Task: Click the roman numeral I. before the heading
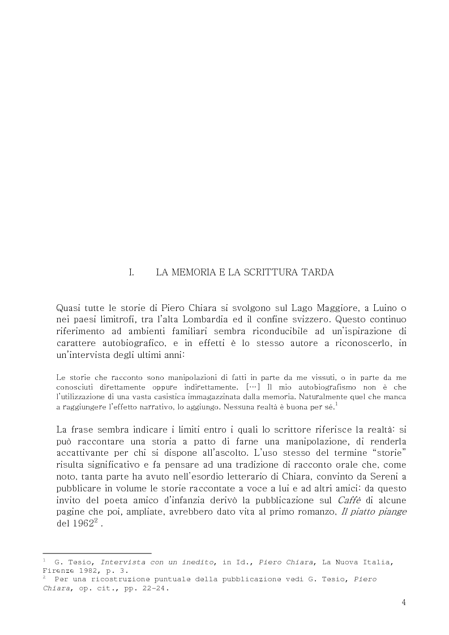point(131,273)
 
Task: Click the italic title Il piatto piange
point(378,512)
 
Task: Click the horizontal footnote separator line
point(97,553)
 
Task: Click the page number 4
point(404,602)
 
